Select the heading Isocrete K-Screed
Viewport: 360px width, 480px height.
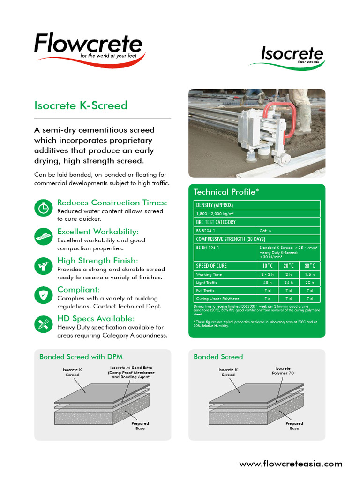pos(81,105)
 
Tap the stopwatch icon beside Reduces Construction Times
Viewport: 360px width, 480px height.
pos(44,208)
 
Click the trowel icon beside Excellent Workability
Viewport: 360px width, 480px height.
pos(44,237)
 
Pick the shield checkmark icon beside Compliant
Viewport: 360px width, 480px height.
pos(44,295)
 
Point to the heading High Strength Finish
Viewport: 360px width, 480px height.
pos(97,260)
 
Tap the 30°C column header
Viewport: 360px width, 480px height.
pos(309,266)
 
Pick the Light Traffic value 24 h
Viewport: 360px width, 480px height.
pos(288,282)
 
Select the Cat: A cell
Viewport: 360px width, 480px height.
pos(265,231)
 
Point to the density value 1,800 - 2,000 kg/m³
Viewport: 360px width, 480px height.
pos(215,213)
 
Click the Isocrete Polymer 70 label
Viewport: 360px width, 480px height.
pos(283,371)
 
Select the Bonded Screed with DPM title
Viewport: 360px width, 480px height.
pos(81,357)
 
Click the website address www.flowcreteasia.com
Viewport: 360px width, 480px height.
pos(291,464)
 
